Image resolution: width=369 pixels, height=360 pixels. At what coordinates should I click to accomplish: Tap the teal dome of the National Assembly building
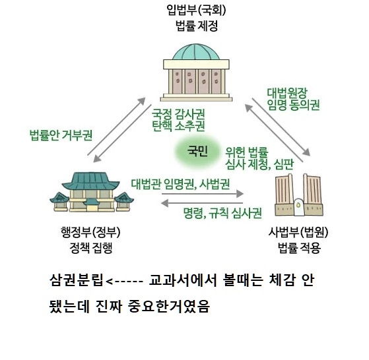196,52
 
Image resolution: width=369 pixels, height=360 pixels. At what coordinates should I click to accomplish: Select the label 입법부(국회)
196,11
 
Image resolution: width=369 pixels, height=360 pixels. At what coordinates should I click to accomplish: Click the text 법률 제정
197,26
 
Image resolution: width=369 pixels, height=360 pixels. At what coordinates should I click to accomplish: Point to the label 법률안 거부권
61,135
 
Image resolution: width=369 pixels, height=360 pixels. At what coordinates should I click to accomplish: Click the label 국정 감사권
178,114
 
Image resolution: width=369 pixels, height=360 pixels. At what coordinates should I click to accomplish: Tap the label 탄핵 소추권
178,126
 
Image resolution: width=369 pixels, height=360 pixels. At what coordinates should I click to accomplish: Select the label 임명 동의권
293,105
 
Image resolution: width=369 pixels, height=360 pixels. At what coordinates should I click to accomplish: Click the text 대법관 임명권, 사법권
180,184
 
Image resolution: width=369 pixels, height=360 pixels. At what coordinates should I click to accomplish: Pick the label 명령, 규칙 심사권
222,213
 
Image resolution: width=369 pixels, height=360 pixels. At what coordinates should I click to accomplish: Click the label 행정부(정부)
90,232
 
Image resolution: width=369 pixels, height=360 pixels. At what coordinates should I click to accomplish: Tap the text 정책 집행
91,248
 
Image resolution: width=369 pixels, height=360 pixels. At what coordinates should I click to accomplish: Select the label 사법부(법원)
298,232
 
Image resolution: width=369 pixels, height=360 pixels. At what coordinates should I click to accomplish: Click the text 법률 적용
299,248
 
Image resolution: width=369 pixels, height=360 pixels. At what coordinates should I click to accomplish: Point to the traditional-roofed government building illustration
92,192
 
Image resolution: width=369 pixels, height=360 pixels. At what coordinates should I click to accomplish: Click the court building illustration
299,195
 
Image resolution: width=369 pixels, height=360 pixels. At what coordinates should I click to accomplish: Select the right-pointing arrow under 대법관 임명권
203,194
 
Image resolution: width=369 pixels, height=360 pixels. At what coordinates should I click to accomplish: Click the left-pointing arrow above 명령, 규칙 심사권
202,203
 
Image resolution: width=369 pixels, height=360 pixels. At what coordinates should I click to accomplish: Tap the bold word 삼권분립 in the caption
77,280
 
